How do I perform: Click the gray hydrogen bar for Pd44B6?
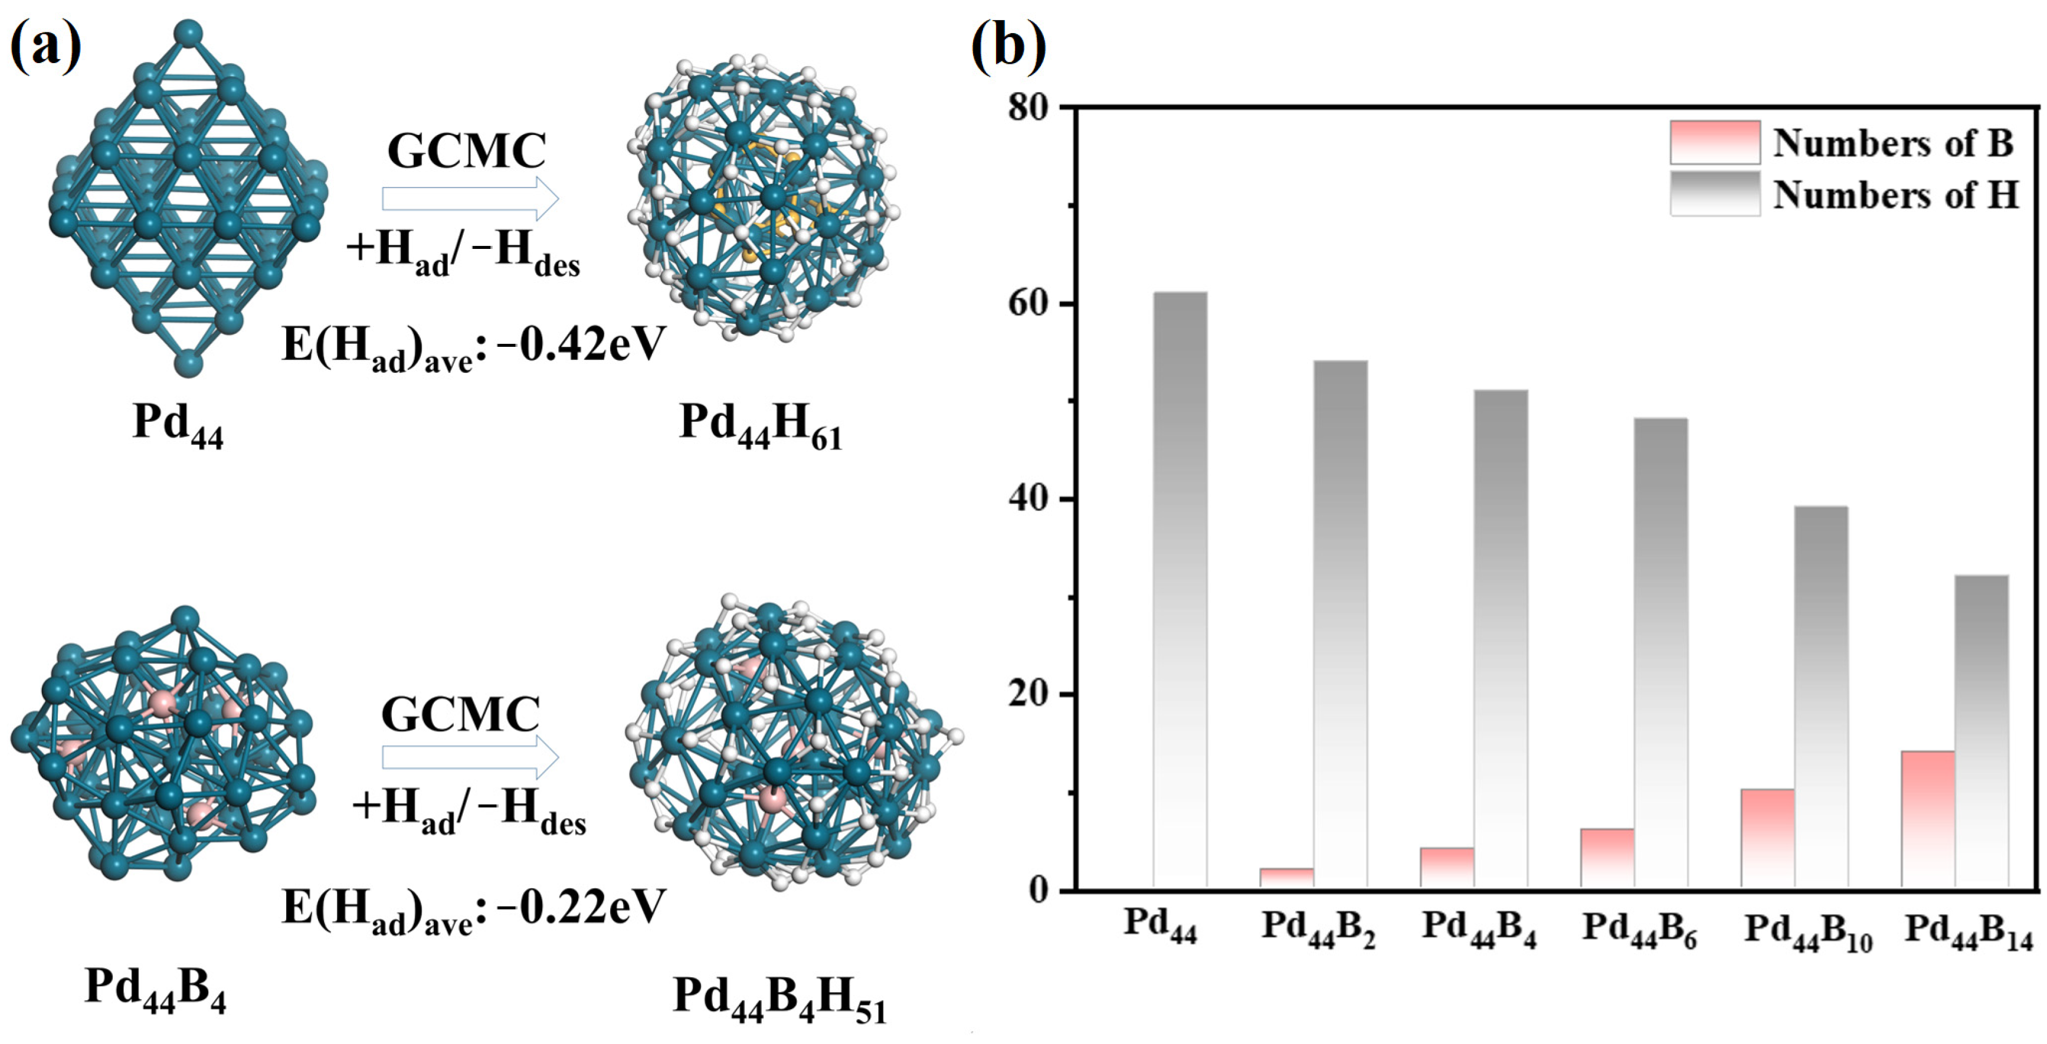[x=1661, y=652]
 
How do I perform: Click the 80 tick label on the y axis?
[x=1029, y=107]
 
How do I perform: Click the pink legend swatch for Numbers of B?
[x=1715, y=142]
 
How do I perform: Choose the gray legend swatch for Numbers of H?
[x=1715, y=193]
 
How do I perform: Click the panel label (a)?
[x=45, y=46]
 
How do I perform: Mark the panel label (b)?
[x=1008, y=46]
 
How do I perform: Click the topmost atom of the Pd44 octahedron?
[x=188, y=34]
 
